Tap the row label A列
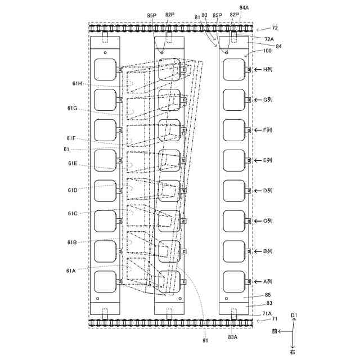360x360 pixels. click(268, 281)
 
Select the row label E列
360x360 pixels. click(268, 160)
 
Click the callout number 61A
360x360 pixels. click(71, 270)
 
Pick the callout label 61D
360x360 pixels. click(73, 190)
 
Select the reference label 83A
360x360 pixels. click(232, 336)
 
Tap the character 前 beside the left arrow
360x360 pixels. click(273, 332)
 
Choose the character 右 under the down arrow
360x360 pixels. click(292, 352)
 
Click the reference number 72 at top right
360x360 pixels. click(274, 27)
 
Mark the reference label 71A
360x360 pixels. click(267, 313)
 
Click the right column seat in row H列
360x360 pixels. click(233, 69)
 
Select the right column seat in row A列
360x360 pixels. click(233, 281)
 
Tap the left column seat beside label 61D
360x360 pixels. click(105, 191)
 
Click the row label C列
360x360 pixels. click(268, 221)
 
